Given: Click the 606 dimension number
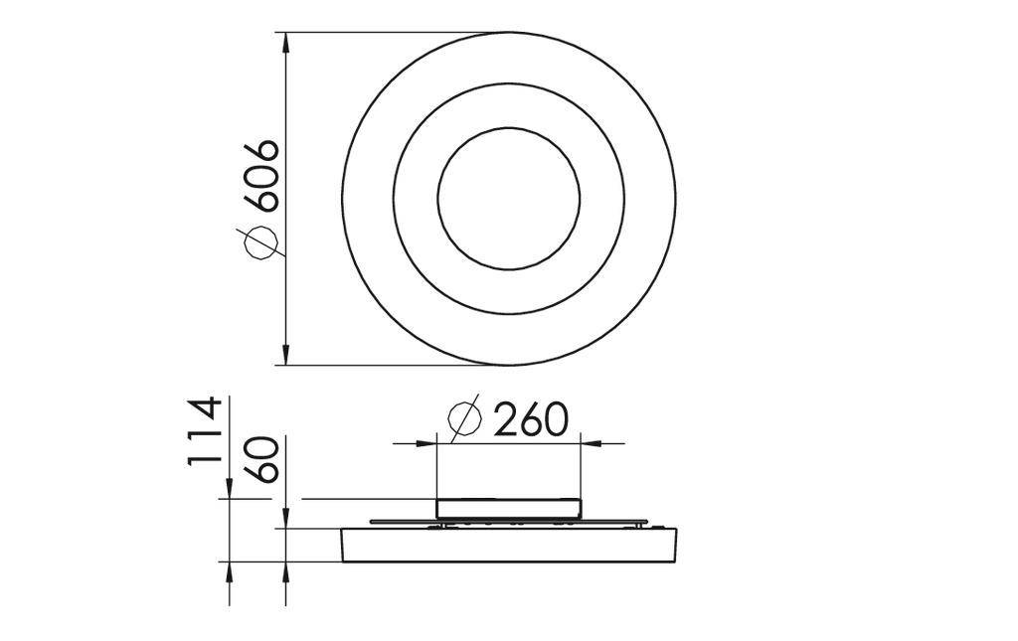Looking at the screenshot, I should tap(261, 176).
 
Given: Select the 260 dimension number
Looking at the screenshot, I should tap(531, 419).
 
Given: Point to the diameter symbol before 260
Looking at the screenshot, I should tap(464, 419).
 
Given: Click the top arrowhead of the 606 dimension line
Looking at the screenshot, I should tap(286, 41).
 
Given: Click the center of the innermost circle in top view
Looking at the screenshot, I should tap(508, 199).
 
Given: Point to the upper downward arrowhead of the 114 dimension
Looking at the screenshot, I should tap(230, 490).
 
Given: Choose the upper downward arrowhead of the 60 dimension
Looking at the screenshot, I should tap(286, 520).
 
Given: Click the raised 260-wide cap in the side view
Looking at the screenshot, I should tap(508, 508).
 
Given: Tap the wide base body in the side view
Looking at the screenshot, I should tap(508, 545).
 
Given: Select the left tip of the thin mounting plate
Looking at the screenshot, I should tap(371, 521).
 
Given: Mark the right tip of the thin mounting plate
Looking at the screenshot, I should tap(647, 521).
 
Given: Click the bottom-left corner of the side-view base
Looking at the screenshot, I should tap(345, 560).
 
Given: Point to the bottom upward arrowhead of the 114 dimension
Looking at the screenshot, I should tap(230, 569).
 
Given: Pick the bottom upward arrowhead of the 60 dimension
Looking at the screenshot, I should tap(286, 569).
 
